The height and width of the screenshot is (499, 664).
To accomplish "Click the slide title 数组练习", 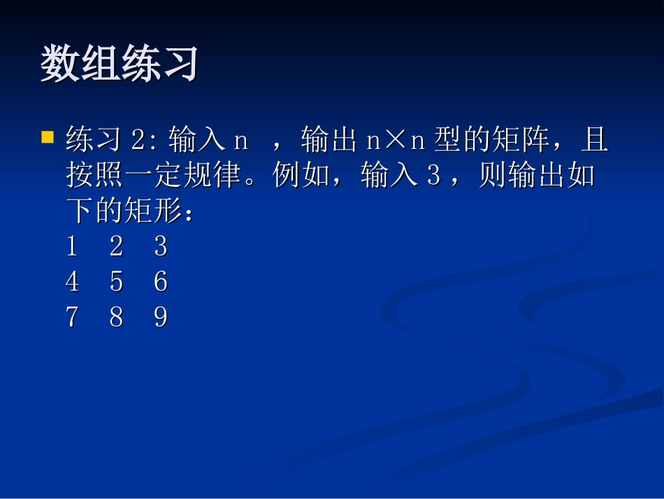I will (120, 64).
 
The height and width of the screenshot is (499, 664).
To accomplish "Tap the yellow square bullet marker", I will (48, 136).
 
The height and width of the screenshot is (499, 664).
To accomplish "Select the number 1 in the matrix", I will (72, 246).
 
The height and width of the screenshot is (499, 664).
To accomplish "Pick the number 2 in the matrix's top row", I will (116, 246).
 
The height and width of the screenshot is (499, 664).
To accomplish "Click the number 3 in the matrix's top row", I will (161, 246).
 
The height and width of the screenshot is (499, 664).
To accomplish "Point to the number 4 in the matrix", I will (72, 282).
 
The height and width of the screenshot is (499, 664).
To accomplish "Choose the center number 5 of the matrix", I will (116, 282).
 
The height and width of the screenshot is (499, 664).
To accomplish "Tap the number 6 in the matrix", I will (161, 282).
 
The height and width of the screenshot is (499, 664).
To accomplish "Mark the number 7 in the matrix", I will (72, 318).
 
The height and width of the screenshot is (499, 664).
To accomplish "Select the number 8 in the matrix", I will (116, 318).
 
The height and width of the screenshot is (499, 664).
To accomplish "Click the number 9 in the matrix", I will (161, 318).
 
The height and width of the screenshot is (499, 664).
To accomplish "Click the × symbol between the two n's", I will (396, 141).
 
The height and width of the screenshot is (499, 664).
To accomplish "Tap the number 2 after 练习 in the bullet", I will (138, 141).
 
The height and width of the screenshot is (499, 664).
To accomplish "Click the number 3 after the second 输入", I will (433, 175).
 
